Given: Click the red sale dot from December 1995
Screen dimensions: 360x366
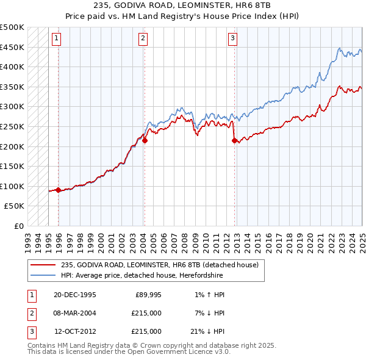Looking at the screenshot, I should click(58, 190).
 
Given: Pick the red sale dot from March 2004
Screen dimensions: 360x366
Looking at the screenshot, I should click(145, 140).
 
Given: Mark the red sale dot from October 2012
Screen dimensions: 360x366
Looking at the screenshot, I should click(234, 140).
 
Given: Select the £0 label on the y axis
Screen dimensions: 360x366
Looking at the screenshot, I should click(19, 226).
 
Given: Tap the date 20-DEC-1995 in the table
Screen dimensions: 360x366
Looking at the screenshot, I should click(74, 295).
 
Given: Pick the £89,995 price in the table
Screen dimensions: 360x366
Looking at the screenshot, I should click(148, 295).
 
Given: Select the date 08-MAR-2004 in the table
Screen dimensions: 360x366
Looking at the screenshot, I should click(75, 313).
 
